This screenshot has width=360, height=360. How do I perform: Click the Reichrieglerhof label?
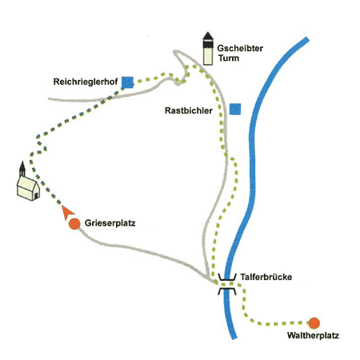pyautogui.click(x=86, y=82)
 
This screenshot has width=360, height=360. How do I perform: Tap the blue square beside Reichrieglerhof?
pyautogui.click(x=127, y=82)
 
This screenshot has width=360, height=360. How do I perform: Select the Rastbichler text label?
pyautogui.click(x=189, y=110)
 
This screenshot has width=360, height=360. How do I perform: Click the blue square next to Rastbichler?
pyautogui.click(x=235, y=109)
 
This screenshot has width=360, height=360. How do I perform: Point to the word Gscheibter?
pyautogui.click(x=240, y=48)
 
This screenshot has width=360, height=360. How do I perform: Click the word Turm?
pyautogui.click(x=229, y=58)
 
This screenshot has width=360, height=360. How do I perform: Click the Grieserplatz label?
pyautogui.click(x=110, y=223)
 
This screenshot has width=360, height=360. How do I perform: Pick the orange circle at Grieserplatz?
pyautogui.click(x=74, y=224)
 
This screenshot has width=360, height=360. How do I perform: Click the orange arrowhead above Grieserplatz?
pyautogui.click(x=67, y=212)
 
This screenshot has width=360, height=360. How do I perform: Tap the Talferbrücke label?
pyautogui.click(x=266, y=277)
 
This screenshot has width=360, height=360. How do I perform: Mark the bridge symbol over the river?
pyautogui.click(x=227, y=284)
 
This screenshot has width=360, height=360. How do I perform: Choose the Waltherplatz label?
pyautogui.click(x=313, y=335)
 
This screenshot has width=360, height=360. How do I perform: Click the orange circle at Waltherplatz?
pyautogui.click(x=314, y=323)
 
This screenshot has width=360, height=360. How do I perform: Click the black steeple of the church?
pyautogui.click(x=22, y=169)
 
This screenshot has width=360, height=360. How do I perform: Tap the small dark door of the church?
pyautogui.click(x=36, y=196)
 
